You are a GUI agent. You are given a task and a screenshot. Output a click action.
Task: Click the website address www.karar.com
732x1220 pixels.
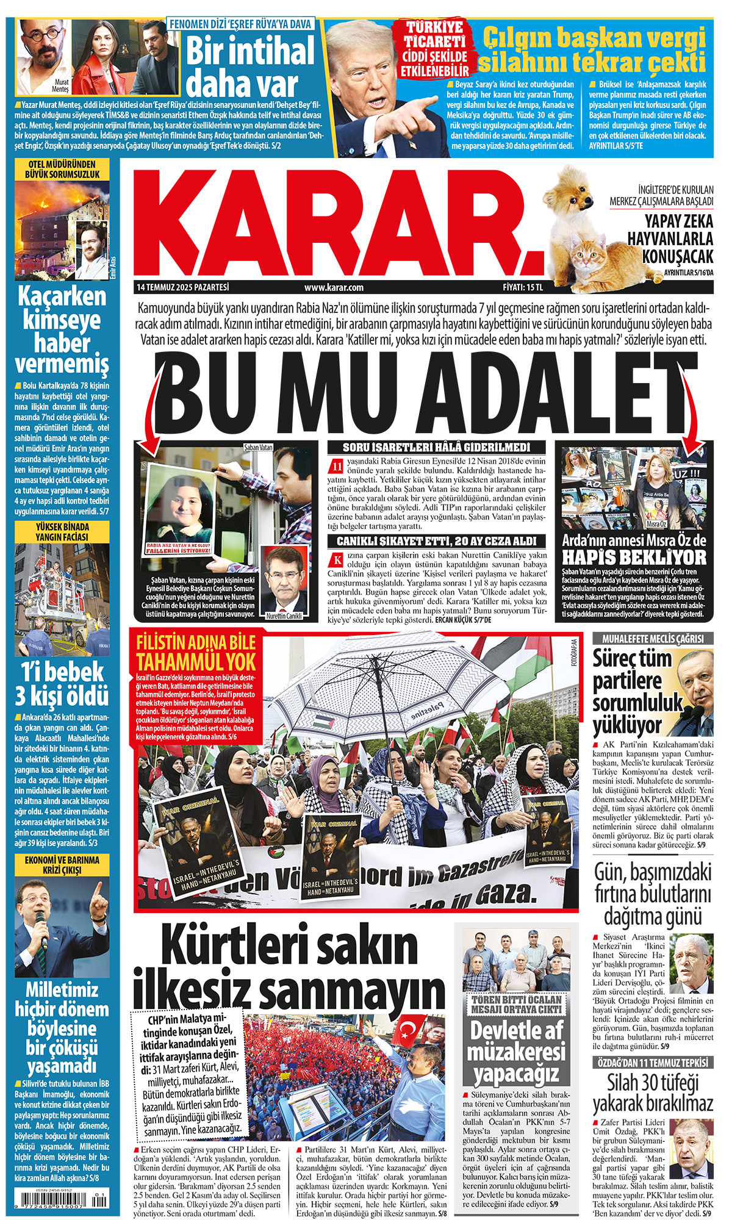click(x=334, y=287)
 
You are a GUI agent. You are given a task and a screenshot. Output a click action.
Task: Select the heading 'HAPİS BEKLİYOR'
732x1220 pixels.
click(x=634, y=557)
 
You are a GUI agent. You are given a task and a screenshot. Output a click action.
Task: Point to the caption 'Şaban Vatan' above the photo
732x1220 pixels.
click(x=257, y=447)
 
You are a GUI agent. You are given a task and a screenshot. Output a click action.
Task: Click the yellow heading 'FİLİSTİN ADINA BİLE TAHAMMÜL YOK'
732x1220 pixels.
click(x=196, y=653)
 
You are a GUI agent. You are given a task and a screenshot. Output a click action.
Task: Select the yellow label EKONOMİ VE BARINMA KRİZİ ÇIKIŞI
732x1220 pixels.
click(x=62, y=865)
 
